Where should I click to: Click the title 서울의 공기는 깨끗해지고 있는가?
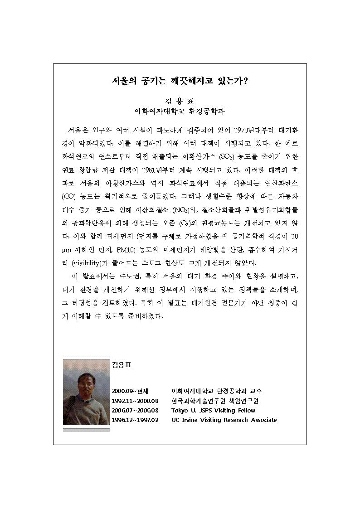(180, 82)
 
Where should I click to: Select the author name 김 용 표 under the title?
(180, 101)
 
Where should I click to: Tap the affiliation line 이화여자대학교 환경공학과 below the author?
(180, 111)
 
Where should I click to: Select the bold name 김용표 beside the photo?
(122, 364)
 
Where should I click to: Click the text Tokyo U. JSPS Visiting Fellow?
(210, 410)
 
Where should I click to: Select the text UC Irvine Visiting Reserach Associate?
(224, 420)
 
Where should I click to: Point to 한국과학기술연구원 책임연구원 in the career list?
(215, 400)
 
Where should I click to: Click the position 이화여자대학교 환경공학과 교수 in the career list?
(216, 391)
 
